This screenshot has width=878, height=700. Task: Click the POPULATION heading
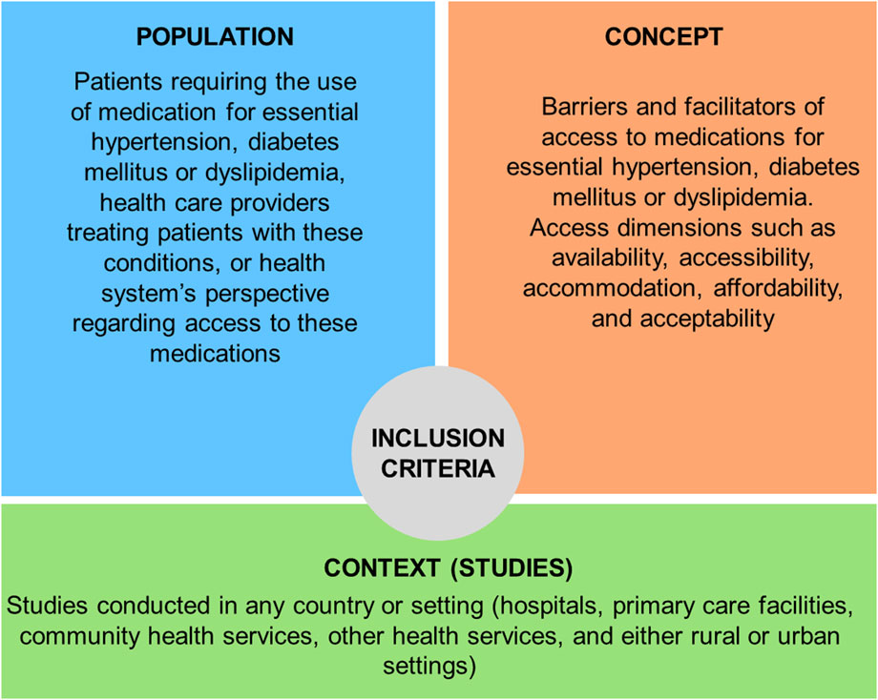pyautogui.click(x=215, y=37)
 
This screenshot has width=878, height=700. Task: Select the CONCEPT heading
pyautogui.click(x=663, y=37)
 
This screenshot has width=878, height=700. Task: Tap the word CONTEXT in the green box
pyautogui.click(x=383, y=568)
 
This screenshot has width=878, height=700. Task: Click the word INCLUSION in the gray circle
pyautogui.click(x=438, y=438)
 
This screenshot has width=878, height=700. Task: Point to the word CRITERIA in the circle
pyautogui.click(x=438, y=468)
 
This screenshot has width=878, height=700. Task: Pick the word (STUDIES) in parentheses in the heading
pyautogui.click(x=512, y=568)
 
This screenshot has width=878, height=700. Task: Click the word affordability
pyautogui.click(x=779, y=289)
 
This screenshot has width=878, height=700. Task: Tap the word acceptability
pyautogui.click(x=707, y=319)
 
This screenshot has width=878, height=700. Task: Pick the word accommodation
pyautogui.click(x=614, y=289)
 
